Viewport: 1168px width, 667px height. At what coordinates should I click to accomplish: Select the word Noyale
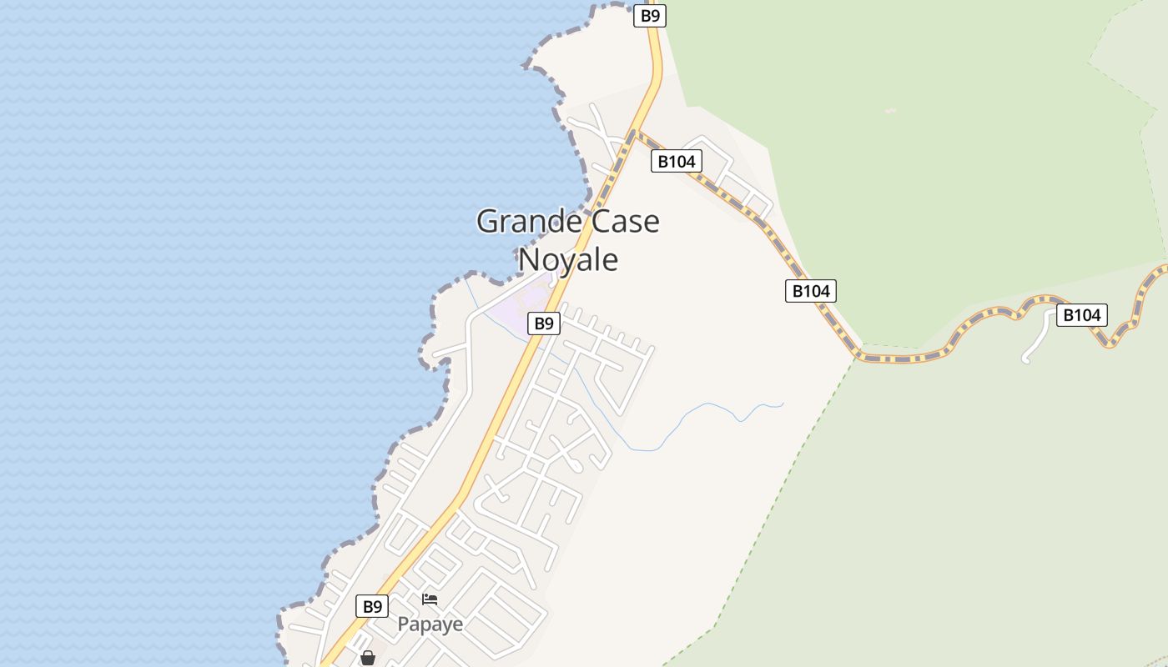click(x=568, y=259)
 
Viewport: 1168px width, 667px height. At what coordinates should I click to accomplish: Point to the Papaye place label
click(x=430, y=624)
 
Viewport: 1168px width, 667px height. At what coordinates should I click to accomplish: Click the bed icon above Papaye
click(x=430, y=599)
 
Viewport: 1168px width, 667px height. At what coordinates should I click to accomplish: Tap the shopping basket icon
click(x=367, y=658)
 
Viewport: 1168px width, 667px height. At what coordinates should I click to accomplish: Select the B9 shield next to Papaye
click(x=372, y=606)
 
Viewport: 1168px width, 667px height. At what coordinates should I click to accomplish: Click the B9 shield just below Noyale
click(x=543, y=323)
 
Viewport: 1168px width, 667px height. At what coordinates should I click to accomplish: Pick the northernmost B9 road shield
click(x=649, y=16)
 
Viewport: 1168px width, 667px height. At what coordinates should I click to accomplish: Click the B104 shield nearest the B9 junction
click(x=677, y=162)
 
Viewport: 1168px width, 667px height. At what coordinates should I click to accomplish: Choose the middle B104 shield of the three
click(x=810, y=291)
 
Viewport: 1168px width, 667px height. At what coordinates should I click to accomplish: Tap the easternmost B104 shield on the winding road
click(x=1082, y=315)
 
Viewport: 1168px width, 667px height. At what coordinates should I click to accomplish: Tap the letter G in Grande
click(x=487, y=222)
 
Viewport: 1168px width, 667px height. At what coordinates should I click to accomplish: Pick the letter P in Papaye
click(x=404, y=624)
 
